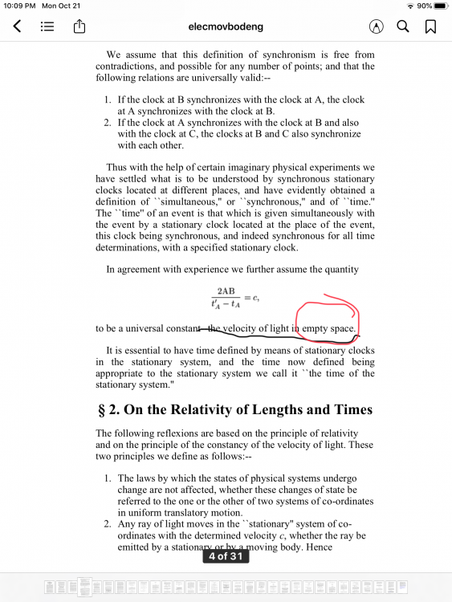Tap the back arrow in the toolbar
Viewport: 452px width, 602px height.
tap(17, 26)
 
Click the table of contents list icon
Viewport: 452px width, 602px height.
tap(47, 26)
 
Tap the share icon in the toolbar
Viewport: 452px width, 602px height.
tap(79, 26)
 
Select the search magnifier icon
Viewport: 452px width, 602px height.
tap(403, 26)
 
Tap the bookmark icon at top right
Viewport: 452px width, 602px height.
tap(431, 26)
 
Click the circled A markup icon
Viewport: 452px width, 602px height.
tap(375, 26)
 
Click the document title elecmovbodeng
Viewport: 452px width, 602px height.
tap(226, 26)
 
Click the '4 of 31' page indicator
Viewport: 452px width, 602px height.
tap(226, 555)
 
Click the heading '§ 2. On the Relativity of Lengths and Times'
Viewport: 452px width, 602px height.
tap(234, 409)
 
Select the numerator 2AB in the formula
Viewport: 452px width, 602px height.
tap(226, 291)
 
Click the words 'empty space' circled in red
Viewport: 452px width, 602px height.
tap(329, 328)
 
